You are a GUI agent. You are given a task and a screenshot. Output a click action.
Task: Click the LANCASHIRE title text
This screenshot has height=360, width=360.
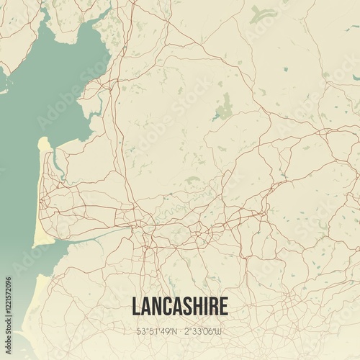tap(180, 306)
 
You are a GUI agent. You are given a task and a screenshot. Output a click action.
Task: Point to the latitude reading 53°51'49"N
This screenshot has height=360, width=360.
tap(156, 332)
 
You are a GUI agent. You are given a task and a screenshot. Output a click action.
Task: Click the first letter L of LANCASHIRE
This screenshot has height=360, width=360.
tap(136, 306)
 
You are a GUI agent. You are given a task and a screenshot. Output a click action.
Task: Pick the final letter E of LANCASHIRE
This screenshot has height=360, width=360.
tap(223, 306)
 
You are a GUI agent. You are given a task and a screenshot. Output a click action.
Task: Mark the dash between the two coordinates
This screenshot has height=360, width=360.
tap(180, 332)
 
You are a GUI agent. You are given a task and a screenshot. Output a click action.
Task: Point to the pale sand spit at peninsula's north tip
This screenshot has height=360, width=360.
tap(43, 144)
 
